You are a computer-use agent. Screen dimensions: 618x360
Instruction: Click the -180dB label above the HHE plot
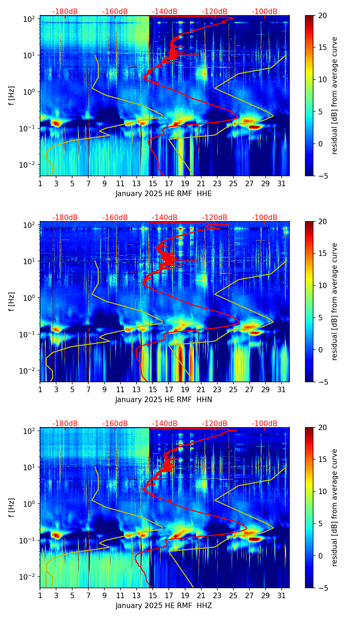65,12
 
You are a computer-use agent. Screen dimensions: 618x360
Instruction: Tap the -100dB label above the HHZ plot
265,424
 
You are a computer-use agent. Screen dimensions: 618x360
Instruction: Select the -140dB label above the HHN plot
165,218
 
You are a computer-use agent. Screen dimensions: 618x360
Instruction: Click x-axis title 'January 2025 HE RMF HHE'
164,194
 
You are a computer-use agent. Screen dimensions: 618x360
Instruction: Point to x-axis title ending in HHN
164,400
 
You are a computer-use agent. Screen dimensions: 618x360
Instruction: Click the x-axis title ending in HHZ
164,606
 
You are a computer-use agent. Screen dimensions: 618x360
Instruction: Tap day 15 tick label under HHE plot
153,183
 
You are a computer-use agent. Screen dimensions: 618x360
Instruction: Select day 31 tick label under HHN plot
282,389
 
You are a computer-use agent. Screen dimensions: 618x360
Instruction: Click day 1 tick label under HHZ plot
40,595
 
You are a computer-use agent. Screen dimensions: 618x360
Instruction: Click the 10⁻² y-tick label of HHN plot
28,371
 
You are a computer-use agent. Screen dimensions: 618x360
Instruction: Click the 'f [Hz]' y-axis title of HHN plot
12,301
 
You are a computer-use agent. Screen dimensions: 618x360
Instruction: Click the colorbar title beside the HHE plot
334,95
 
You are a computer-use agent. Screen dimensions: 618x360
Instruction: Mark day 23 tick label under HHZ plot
217,595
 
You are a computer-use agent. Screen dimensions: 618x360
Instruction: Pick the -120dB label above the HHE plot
215,12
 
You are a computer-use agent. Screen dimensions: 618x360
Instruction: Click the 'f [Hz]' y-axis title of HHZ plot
12,507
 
